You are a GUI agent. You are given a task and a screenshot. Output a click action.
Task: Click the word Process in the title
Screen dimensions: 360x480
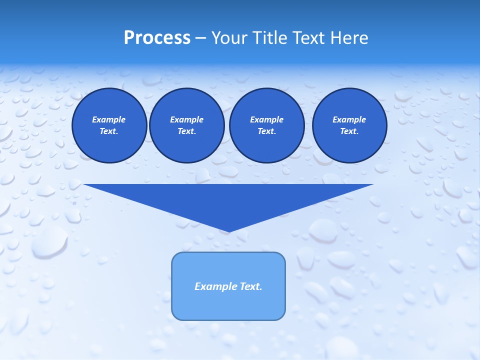[157, 38]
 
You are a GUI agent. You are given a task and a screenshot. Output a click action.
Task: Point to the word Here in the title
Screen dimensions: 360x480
[349, 38]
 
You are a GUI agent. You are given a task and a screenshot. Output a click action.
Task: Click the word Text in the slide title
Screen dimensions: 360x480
[311, 38]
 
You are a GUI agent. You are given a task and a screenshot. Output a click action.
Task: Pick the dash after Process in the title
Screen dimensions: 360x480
[200, 38]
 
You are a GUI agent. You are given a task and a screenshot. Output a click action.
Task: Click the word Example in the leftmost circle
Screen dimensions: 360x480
[109, 119]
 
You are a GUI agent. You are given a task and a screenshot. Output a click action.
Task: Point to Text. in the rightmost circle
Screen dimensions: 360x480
[349, 131]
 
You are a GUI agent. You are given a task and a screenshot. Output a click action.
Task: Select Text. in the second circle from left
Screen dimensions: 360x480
[186, 131]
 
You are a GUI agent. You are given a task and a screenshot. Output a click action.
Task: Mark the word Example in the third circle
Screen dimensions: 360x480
[266, 119]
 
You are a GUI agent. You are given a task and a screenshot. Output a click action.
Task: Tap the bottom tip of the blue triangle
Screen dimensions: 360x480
[228, 230]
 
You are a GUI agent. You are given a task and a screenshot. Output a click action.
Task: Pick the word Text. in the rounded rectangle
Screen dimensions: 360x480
[251, 286]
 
